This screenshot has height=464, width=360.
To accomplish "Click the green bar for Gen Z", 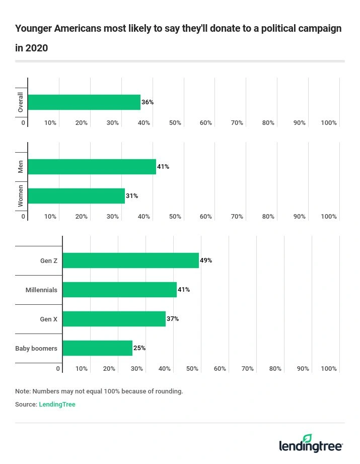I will coord(130,260).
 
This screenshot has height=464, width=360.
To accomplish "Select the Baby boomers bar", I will coord(97,348).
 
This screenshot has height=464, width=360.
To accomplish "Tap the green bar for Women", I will coord(76,196).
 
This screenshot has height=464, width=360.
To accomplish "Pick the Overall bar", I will coord(84,102).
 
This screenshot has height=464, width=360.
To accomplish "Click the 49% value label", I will coord(206,260).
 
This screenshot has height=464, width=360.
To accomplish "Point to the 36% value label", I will coord(148,102).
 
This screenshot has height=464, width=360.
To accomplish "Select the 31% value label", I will coord(132,196).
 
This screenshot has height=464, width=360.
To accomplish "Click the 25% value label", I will coord(139,348).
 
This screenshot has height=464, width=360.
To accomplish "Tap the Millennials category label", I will coord(41,290).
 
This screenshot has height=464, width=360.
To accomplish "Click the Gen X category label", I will coord(49,319).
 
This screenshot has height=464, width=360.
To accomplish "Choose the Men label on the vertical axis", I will coord(21,167).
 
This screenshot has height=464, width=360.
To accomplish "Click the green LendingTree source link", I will coord(57,404).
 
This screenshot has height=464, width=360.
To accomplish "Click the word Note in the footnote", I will coord(23,391).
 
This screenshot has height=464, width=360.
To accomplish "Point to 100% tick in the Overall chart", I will coord(329,123).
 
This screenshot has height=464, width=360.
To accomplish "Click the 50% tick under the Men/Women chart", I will coord(175,217).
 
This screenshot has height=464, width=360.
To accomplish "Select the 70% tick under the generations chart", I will coord(247,369).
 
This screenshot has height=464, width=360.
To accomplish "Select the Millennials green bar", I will coord(119,290).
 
